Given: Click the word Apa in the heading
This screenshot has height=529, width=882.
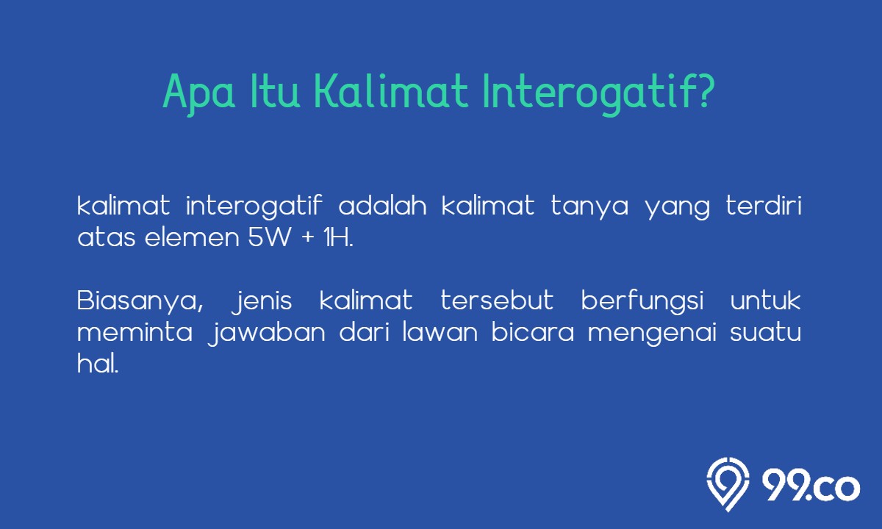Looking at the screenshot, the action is (x=199, y=95).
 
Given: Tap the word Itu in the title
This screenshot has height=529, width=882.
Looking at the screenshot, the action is (x=275, y=91).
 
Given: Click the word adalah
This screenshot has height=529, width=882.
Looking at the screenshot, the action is (x=382, y=205).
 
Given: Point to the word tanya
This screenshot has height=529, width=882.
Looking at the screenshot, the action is (x=589, y=207).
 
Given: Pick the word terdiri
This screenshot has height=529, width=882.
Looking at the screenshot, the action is (x=764, y=205).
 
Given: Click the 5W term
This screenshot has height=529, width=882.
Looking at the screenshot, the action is (x=270, y=238).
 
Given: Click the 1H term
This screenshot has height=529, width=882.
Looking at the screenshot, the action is (x=338, y=238).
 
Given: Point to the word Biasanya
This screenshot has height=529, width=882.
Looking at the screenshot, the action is (x=140, y=302).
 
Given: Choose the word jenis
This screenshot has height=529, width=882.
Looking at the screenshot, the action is (x=262, y=302).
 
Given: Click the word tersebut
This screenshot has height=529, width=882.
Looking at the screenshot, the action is (x=497, y=301).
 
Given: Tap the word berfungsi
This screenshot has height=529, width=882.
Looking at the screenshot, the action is (x=642, y=302).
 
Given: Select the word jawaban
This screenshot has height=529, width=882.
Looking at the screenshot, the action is (x=267, y=334).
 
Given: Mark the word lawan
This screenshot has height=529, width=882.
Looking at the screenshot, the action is (x=440, y=332).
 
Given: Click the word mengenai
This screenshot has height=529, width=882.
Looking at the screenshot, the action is (x=652, y=334).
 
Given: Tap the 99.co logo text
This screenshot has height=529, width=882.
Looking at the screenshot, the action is (x=811, y=486).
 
